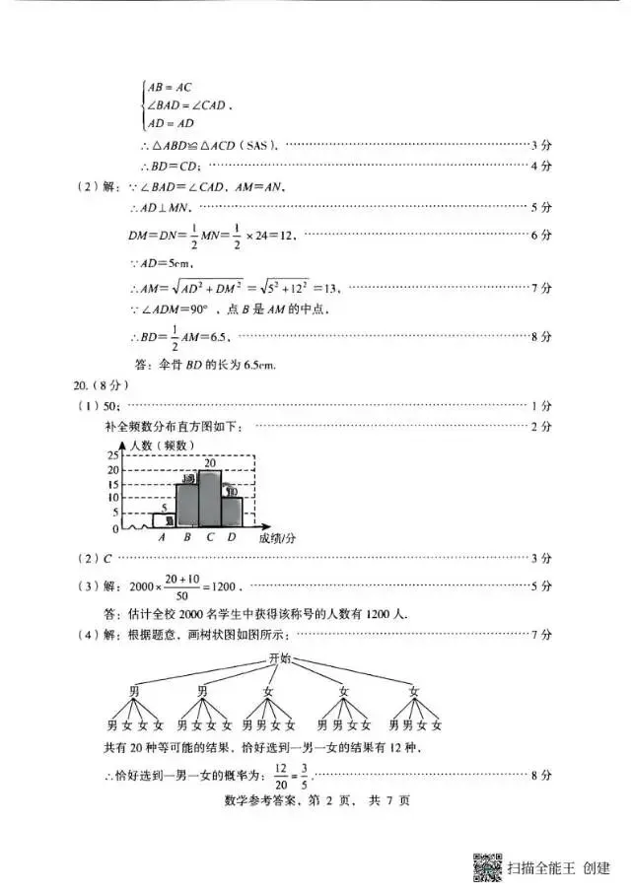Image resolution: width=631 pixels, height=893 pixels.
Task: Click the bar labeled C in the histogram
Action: (210, 498)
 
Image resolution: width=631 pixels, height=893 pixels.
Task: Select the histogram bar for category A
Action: (164, 519)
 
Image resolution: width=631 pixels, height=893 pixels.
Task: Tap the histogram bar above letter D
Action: (232, 511)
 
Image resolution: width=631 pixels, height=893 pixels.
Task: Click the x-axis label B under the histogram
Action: (186, 538)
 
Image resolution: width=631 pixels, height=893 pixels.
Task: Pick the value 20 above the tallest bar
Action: (210, 462)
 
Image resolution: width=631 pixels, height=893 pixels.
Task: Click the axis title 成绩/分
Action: (279, 538)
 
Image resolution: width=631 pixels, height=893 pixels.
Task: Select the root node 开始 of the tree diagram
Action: (280, 658)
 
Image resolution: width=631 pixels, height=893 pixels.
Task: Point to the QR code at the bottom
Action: (487, 867)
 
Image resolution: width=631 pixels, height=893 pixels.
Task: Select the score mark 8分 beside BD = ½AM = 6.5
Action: (540, 337)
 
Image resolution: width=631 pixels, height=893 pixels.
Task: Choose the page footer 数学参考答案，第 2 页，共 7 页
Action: (315, 800)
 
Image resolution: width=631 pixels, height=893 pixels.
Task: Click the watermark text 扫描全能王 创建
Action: (558, 868)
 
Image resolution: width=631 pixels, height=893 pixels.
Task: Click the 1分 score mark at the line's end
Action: (540, 406)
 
